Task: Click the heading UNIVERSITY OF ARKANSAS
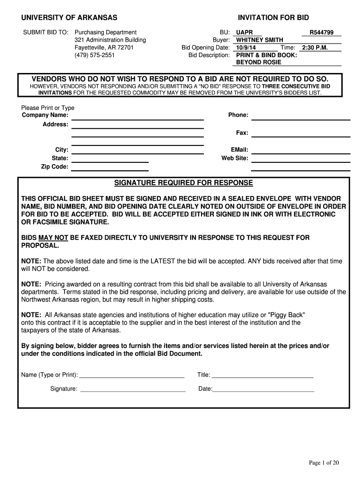point(69,18)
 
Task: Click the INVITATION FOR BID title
point(274,18)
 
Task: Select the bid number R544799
point(322,33)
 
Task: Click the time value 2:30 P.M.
point(315,48)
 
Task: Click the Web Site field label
point(235,158)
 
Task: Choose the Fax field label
point(242,133)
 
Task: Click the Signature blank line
point(133,389)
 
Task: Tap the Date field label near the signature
point(205,389)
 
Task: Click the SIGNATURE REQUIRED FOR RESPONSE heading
point(184,182)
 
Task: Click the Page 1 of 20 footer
point(324,463)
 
